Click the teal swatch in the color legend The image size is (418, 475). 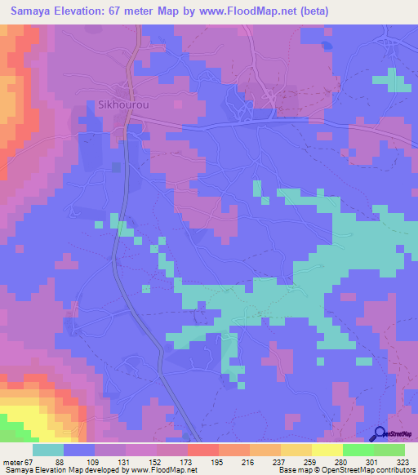click(48, 450)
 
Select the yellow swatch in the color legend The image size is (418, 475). click(327, 450)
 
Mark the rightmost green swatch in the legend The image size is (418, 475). click(389, 450)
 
